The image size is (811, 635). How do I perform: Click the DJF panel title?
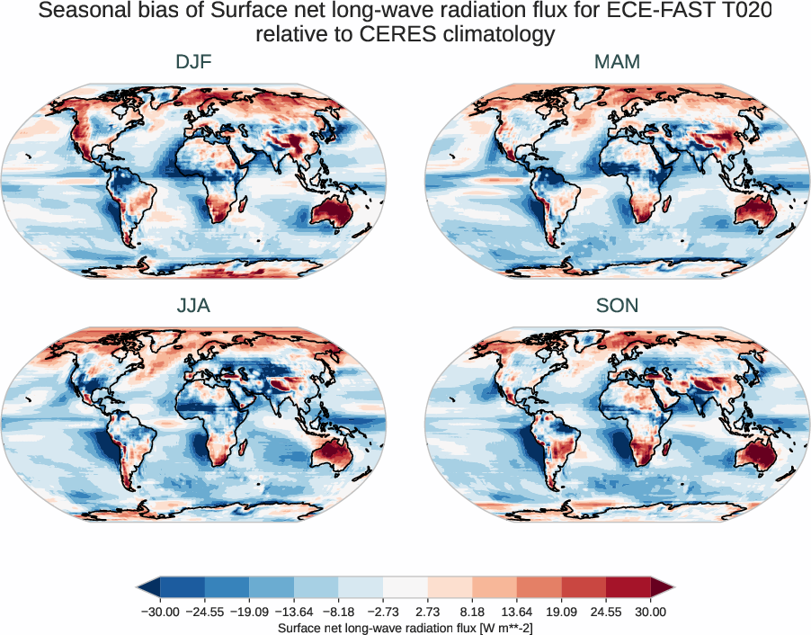click(193, 63)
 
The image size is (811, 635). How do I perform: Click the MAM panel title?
click(617, 63)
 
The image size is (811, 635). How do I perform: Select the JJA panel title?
click(193, 306)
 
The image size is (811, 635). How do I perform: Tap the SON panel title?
click(617, 306)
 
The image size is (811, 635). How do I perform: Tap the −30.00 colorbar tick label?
click(161, 612)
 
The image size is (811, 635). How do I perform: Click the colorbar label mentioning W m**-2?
click(405, 627)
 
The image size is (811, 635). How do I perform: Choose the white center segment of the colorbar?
click(405, 587)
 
